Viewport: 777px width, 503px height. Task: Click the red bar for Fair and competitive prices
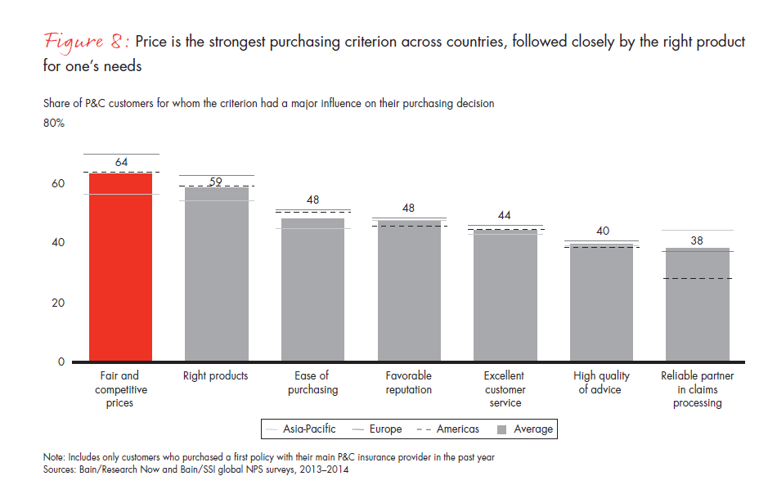(x=120, y=267)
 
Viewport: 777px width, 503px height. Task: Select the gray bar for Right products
(x=216, y=275)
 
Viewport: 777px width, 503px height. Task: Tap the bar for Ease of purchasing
(x=312, y=290)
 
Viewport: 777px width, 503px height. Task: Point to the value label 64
(x=121, y=163)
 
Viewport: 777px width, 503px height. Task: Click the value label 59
(x=216, y=182)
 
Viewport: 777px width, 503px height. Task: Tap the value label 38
(x=697, y=240)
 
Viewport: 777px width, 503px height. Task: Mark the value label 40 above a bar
(x=602, y=231)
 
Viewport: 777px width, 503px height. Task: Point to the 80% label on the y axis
(x=54, y=124)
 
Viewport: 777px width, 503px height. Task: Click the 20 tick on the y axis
(x=59, y=303)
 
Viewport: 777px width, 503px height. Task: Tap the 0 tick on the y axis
(x=61, y=362)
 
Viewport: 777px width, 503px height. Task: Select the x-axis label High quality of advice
(x=602, y=383)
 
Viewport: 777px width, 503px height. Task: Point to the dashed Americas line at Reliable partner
(x=697, y=278)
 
